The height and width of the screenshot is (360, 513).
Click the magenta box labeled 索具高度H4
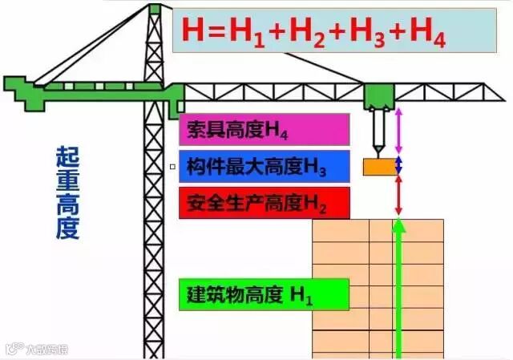(x=264, y=128)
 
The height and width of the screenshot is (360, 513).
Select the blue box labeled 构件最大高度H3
(x=264, y=167)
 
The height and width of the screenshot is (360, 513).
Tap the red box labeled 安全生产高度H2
(x=264, y=202)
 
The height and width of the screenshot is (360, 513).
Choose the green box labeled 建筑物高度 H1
(x=264, y=294)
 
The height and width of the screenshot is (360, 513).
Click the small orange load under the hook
(x=378, y=167)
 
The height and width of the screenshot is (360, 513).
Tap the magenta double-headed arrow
(x=399, y=131)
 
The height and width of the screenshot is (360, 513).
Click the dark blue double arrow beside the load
(x=399, y=166)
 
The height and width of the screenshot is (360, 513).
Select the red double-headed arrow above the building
(x=399, y=196)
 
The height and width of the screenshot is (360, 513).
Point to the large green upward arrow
(x=399, y=289)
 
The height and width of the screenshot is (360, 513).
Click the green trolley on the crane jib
(x=378, y=95)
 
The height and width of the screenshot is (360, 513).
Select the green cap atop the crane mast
(x=155, y=9)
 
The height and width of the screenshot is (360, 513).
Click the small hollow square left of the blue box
(x=172, y=167)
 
